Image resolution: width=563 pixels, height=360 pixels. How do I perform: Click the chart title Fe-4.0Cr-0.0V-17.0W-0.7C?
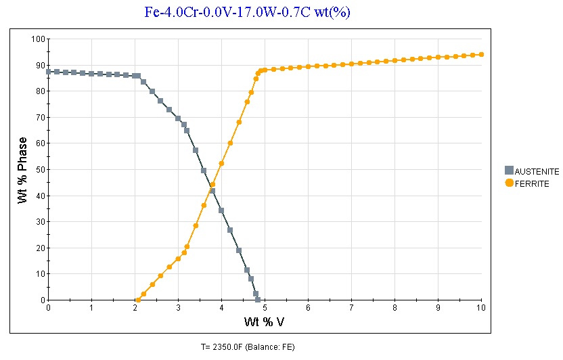click(x=247, y=12)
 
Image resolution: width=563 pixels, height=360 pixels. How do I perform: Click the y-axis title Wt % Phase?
click(x=23, y=171)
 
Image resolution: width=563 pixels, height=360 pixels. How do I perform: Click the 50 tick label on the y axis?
click(x=40, y=170)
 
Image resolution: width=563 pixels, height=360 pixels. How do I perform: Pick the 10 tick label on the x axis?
click(x=481, y=308)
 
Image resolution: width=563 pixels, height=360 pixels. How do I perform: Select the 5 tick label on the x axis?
click(x=265, y=308)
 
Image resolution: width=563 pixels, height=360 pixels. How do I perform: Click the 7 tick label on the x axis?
click(x=351, y=308)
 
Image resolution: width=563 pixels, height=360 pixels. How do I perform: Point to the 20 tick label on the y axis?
click(x=40, y=248)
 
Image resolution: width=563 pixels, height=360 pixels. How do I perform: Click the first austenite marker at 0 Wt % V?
click(x=48, y=72)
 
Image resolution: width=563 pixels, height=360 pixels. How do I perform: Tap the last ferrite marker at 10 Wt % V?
click(x=481, y=55)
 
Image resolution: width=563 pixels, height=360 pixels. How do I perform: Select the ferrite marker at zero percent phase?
click(x=138, y=300)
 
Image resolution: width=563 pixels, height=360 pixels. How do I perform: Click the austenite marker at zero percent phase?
click(x=258, y=300)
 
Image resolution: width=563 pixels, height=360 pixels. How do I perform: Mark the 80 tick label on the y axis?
click(x=40, y=91)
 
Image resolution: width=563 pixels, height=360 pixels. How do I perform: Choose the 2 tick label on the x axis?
click(x=135, y=308)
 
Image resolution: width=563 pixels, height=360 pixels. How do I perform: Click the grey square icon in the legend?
click(x=509, y=171)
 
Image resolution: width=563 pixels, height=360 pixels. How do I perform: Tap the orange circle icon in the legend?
click(x=509, y=183)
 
